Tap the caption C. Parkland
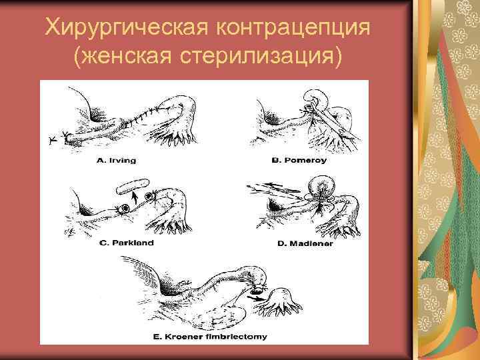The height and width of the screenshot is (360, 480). (x=126, y=243)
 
